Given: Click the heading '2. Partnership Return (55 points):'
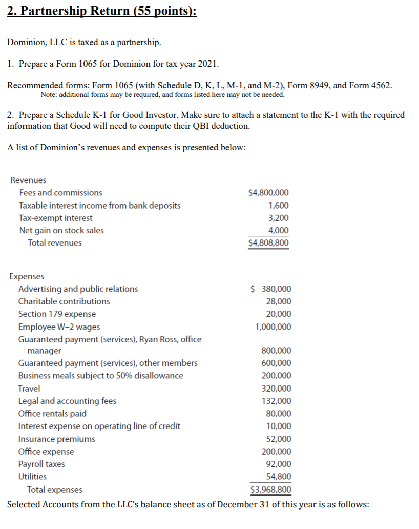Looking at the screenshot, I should point(102,11).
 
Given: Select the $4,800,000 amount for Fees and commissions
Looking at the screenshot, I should point(268,193).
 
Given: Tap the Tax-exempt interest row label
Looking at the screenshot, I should point(56,218).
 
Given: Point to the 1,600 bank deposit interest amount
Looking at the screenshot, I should point(279,206).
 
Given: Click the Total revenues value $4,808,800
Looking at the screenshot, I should point(268,242).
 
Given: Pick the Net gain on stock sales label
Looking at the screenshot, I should point(61,230).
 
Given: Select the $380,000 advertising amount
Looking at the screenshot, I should point(271,289).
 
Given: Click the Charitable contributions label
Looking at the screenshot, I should point(64,301).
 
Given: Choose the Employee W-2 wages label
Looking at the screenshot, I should point(59,327).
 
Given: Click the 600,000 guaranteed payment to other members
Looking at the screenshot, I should point(277,363).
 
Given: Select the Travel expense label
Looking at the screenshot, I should point(29,389).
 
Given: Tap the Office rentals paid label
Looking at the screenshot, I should point(52,413).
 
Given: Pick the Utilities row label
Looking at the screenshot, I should point(32,476).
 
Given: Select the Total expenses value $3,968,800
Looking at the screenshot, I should point(271,490).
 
